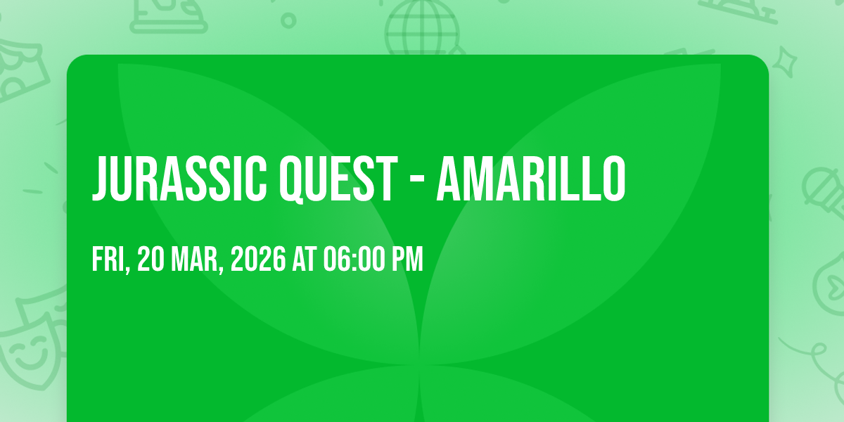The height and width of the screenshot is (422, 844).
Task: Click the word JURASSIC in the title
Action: click(x=179, y=179)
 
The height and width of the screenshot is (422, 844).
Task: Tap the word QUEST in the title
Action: click(x=338, y=180)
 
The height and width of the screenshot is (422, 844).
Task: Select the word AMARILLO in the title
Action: click(x=531, y=179)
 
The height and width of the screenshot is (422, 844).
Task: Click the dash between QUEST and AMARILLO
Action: click(x=416, y=181)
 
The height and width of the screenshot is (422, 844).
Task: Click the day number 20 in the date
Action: click(x=151, y=259)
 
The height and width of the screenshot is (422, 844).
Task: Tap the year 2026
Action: click(x=258, y=259)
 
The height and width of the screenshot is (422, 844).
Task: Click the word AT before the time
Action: click(x=305, y=259)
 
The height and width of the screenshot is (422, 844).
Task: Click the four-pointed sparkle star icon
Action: click(x=785, y=62)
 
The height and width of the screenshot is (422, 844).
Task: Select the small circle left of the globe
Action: click(x=288, y=20)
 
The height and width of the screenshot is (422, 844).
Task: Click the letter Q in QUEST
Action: click(x=291, y=181)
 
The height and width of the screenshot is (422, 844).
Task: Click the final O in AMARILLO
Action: click(x=613, y=179)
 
